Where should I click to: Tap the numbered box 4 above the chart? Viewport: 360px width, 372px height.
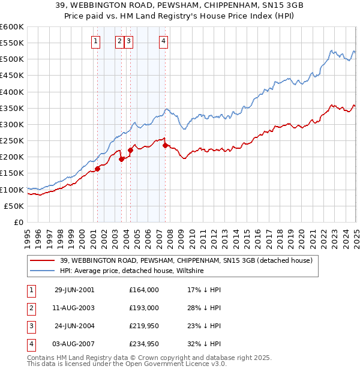[163, 41]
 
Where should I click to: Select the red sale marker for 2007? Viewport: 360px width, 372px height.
[165, 145]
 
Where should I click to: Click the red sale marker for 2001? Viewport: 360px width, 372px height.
[97, 169]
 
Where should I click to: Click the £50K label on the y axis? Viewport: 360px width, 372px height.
[14, 206]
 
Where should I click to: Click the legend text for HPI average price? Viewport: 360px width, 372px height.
[132, 271]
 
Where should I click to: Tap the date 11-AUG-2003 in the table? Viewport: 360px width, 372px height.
[74, 308]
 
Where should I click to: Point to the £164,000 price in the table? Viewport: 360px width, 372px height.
[143, 290]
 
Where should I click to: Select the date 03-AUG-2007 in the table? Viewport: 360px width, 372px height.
[74, 344]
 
